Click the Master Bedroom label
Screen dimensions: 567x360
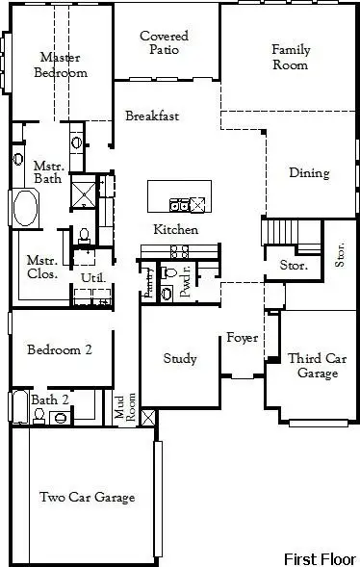(x=61, y=64)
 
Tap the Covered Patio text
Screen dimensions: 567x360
(x=164, y=43)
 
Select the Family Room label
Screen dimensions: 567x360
(x=290, y=57)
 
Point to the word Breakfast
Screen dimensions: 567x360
(x=152, y=116)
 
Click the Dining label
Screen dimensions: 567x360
(x=309, y=174)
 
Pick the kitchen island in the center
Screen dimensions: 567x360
(x=177, y=196)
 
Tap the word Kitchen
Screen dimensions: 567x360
(x=176, y=230)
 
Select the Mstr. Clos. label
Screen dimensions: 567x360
(x=41, y=267)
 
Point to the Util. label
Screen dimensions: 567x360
(x=92, y=278)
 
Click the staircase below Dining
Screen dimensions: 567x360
(x=282, y=233)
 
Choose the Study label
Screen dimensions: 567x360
(x=180, y=359)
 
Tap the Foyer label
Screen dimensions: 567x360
(x=240, y=338)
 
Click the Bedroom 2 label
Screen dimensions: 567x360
(x=60, y=350)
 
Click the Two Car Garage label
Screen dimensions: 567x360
(x=87, y=498)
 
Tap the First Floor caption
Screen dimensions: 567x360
(x=319, y=558)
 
